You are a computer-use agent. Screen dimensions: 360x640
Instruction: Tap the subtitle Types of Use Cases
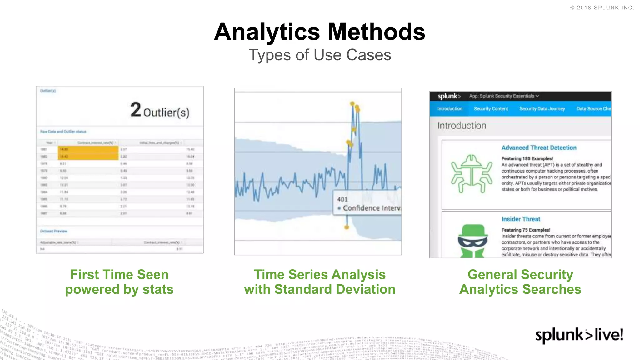tap(320, 55)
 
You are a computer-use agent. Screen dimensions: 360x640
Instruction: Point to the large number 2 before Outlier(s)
tap(136, 110)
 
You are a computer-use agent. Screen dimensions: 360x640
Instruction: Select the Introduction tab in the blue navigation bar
tap(450, 109)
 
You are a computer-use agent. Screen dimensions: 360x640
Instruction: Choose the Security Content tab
tap(491, 109)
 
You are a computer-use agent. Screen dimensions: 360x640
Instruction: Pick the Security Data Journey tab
tap(542, 109)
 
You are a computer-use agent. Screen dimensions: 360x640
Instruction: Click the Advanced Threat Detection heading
tap(539, 148)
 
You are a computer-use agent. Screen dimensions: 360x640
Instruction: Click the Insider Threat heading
tap(521, 219)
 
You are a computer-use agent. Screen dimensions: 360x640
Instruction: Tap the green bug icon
tap(472, 174)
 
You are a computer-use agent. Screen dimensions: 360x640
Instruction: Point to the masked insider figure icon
tap(472, 241)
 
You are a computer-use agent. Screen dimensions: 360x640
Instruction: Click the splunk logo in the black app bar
tap(449, 96)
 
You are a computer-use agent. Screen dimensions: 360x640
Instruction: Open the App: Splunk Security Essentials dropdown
tap(504, 96)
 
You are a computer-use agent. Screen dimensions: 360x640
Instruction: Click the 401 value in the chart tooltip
tap(342, 199)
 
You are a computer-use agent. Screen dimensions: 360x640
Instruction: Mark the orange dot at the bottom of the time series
tap(347, 227)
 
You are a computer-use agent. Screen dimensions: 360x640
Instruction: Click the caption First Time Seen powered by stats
tap(119, 282)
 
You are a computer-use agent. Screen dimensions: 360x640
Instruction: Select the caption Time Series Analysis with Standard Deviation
tap(320, 282)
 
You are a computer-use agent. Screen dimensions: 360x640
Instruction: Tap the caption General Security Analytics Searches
tap(520, 282)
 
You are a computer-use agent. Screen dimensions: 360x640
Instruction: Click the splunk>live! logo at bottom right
tap(579, 335)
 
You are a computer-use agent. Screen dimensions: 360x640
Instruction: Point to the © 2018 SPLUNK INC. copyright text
tap(602, 8)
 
